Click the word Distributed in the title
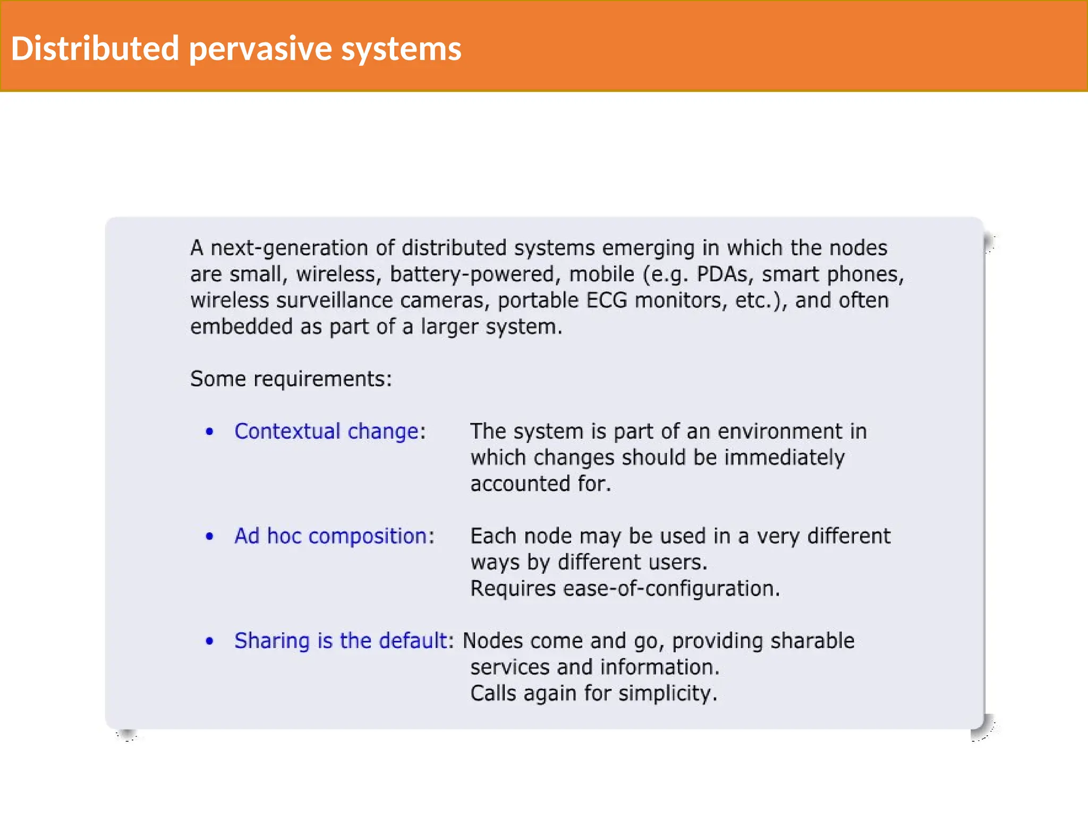tap(95, 48)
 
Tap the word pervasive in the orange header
tap(260, 49)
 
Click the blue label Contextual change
tap(326, 431)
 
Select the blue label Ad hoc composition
tap(330, 536)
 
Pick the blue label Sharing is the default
tap(340, 641)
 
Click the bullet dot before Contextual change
tap(209, 432)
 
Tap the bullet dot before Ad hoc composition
tap(209, 537)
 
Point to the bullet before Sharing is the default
tap(209, 641)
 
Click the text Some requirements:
tap(291, 379)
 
